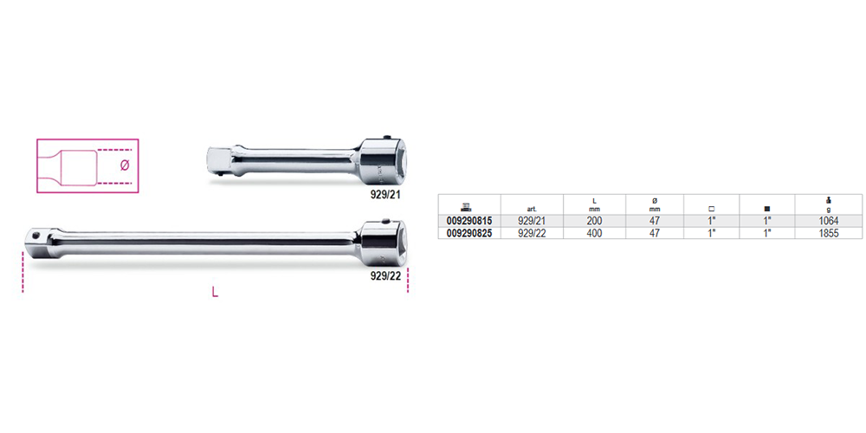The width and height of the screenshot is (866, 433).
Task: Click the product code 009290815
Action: pos(469,221)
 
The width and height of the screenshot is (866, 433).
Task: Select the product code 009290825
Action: pos(469,234)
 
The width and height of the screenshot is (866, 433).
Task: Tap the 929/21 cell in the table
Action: pos(532,221)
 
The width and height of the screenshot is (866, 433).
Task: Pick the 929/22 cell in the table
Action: pos(532,234)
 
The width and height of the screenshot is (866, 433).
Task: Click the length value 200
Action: pos(594,221)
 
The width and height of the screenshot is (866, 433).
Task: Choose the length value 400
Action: pos(594,234)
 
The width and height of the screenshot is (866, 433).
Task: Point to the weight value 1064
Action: pos(830,221)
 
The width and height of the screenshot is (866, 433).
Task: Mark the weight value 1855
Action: pos(830,234)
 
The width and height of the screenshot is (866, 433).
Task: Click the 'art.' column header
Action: pos(532,210)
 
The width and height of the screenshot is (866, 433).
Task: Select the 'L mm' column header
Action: pos(594,205)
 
